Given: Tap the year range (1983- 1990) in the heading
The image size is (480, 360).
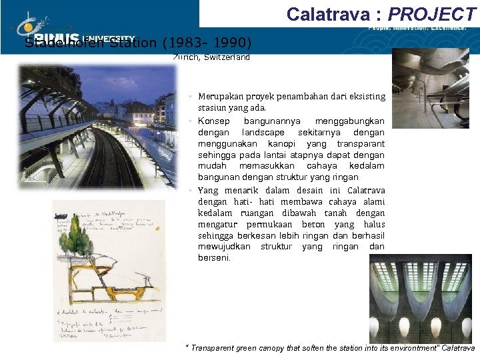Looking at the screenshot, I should click(207, 43).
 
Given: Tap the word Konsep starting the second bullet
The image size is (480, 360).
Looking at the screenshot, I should click(213, 121).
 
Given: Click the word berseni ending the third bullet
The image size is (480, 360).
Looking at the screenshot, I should click(213, 257).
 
